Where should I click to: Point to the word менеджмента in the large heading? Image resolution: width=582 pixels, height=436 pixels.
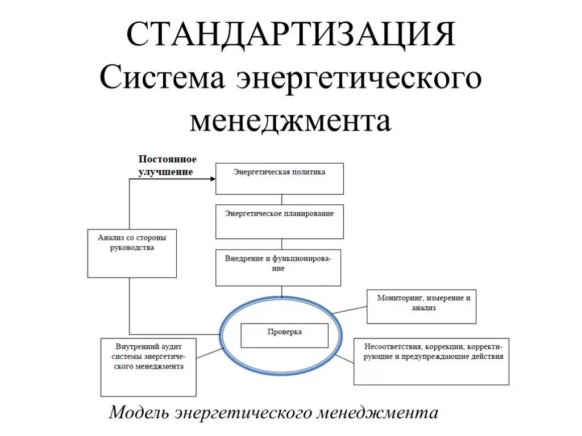[x=290, y=121]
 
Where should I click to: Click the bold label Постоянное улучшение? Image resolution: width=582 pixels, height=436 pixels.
[x=168, y=165]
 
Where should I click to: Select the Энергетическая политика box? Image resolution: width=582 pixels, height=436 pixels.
[x=279, y=178]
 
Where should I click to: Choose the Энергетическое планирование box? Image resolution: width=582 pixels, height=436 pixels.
[x=279, y=221]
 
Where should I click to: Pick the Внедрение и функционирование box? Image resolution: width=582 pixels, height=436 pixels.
[x=278, y=267]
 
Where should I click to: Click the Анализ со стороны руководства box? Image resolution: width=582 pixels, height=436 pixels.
[x=132, y=253]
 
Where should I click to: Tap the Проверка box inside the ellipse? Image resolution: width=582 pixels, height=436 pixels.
[x=284, y=335]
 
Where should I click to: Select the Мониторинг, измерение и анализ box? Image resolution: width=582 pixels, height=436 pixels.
[x=421, y=307]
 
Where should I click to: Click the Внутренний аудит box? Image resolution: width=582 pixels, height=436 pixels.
[x=148, y=367]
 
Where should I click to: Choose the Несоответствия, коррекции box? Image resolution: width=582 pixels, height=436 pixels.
[x=431, y=361]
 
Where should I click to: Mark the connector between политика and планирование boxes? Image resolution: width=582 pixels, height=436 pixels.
[x=281, y=199]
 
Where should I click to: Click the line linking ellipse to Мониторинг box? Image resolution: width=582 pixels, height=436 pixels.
[x=349, y=310]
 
